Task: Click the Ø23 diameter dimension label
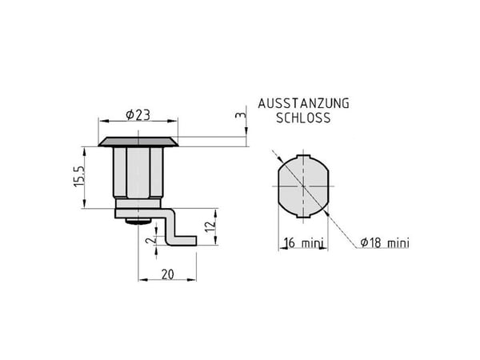[138, 115]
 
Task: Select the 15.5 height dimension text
[78, 177]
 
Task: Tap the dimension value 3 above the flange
[241, 115]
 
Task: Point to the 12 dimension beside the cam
[210, 226]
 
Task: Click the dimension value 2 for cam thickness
[150, 240]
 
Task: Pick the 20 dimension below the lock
[168, 274]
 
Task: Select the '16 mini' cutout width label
[304, 242]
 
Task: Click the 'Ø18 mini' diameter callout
[385, 242]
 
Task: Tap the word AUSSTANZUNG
[303, 103]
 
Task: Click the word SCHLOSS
[303, 118]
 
